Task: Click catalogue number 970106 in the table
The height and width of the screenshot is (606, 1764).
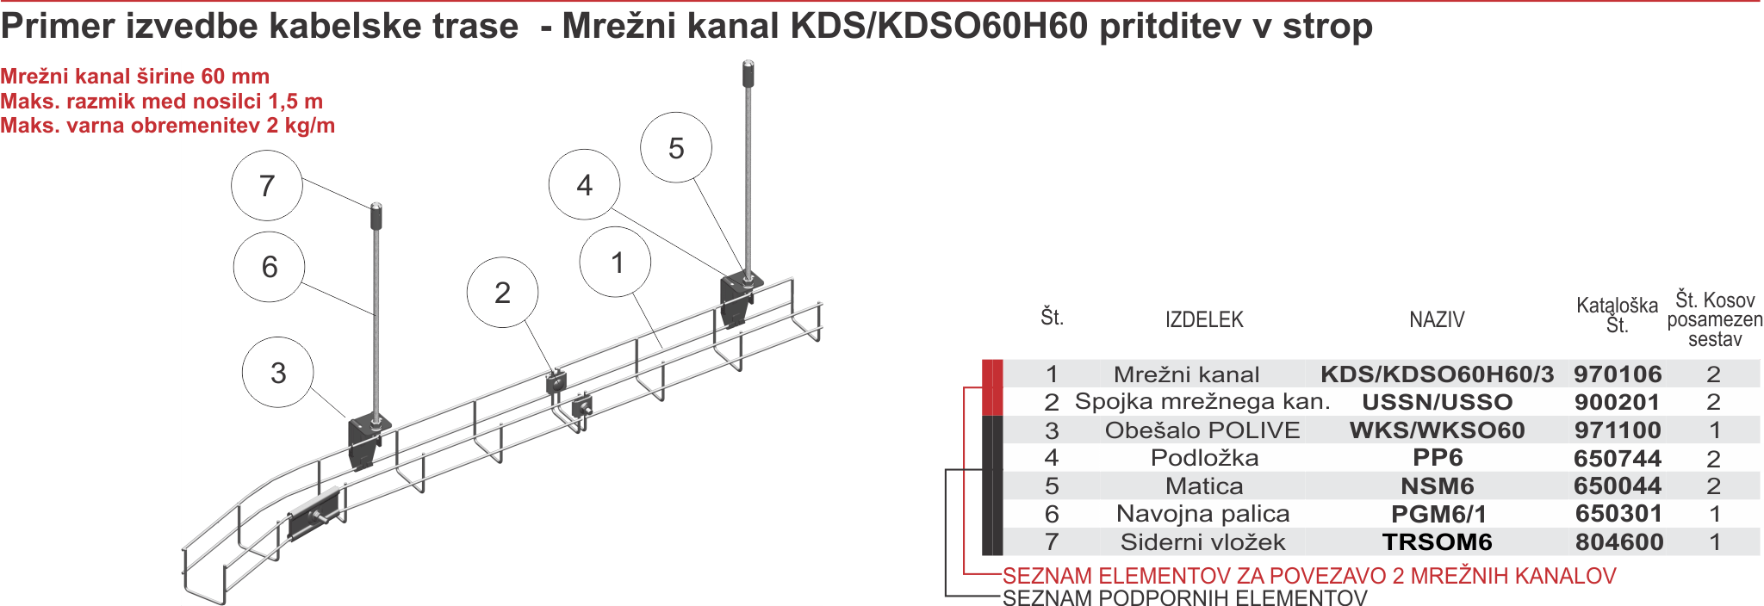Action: pos(1618,374)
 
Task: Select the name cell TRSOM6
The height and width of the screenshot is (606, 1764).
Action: pos(1437,542)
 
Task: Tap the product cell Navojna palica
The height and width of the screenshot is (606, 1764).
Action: pos(1202,514)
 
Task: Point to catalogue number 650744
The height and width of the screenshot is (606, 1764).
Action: pos(1618,459)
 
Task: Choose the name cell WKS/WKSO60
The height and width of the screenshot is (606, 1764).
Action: pos(1437,430)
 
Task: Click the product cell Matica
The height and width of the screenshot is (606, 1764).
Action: pos(1204,486)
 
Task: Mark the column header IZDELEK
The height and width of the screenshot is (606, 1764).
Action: pos(1204,320)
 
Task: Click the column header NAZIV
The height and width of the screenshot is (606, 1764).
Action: pos(1437,320)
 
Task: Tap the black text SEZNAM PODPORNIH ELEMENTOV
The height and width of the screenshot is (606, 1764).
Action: pos(1184,598)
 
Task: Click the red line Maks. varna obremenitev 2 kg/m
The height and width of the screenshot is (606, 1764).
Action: pos(168,126)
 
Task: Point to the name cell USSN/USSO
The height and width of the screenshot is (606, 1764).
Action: pos(1437,402)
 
